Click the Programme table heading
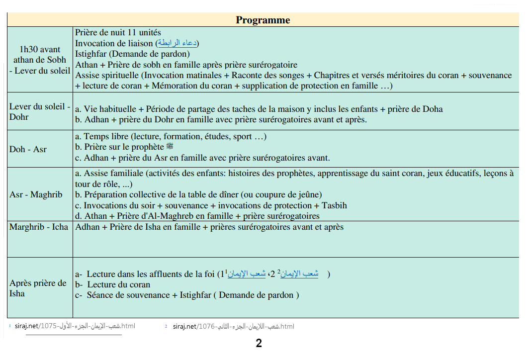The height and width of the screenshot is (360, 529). [263, 20]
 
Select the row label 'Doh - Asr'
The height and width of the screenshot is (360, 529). [28, 149]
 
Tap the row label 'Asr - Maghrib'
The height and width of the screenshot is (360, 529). [36, 194]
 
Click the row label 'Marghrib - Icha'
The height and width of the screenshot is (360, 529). [39, 227]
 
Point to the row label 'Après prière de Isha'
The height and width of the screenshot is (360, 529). [38, 288]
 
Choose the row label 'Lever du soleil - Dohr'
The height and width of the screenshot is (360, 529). [40, 112]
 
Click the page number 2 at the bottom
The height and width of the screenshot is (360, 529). [259, 343]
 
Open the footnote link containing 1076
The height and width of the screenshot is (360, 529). [234, 326]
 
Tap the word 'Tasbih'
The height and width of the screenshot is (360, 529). [334, 205]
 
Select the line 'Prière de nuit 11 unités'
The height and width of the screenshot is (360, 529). [118, 32]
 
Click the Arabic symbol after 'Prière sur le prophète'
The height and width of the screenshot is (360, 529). [170, 147]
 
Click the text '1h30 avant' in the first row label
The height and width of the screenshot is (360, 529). [40, 49]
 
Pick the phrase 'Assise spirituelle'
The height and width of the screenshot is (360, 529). [107, 76]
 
